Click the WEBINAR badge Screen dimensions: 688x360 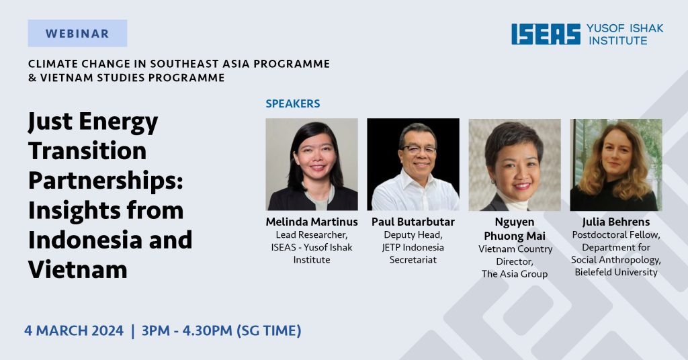[77, 34]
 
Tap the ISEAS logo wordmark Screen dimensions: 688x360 [546, 34]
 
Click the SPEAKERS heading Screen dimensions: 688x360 [293, 103]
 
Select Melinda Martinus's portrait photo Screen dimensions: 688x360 [312, 165]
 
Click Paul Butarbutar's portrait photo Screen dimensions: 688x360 [413, 165]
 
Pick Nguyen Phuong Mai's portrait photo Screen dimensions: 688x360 [515, 165]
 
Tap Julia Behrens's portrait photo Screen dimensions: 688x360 [616, 165]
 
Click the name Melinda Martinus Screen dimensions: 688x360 [312, 222]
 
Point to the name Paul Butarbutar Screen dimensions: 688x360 [413, 222]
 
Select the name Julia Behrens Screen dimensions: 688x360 [616, 222]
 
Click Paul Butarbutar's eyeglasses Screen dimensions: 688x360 [418, 150]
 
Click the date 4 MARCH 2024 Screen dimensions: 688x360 [74, 330]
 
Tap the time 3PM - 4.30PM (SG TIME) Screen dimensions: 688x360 [221, 330]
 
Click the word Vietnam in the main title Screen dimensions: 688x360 [78, 269]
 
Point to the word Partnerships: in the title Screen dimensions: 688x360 [105, 181]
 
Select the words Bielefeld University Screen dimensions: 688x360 [616, 272]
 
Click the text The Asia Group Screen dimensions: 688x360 [515, 274]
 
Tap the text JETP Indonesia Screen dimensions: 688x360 [413, 247]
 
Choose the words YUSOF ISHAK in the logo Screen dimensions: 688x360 [625, 28]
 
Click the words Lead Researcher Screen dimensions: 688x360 [312, 235]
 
